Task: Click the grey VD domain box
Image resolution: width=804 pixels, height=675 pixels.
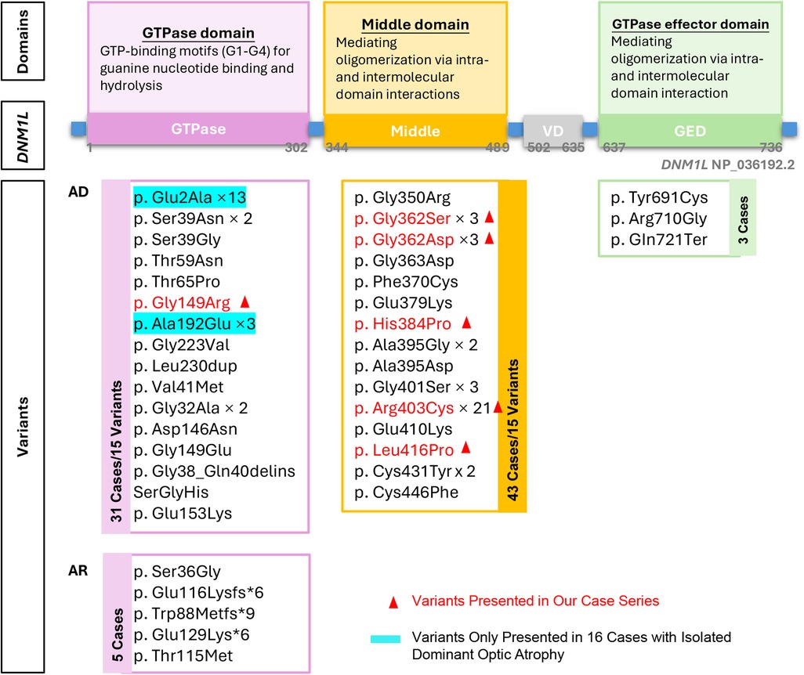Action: point(553,129)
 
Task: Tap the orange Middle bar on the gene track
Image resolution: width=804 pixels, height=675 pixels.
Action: point(415,130)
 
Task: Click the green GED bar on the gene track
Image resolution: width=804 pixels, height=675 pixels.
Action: point(690,130)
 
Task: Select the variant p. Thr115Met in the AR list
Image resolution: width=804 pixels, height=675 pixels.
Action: point(182,656)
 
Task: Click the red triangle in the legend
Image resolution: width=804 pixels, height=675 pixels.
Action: point(393,601)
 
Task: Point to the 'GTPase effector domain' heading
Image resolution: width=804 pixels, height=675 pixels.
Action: point(690,25)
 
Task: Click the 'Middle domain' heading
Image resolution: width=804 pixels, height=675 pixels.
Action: point(415,25)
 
